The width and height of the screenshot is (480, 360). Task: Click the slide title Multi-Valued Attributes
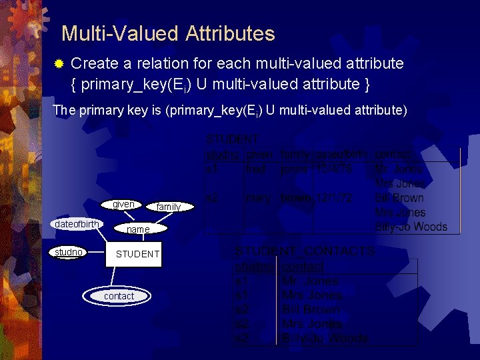[x=167, y=33]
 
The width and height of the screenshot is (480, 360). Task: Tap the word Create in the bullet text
[x=93, y=64]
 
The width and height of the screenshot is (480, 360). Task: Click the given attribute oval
[x=123, y=205]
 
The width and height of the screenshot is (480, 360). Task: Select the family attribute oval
[x=169, y=207]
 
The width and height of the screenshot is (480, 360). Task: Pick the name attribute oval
[x=138, y=229]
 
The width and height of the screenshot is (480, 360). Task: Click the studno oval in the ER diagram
[x=69, y=252]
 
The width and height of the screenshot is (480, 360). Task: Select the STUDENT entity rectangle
[x=137, y=254]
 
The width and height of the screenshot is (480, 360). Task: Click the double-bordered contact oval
[x=119, y=296]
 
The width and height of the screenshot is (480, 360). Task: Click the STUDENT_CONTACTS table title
[x=305, y=251]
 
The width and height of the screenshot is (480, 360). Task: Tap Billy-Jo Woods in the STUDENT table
[x=411, y=227]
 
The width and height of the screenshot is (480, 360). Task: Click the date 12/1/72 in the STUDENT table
[x=333, y=198]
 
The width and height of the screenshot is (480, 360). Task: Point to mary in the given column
[x=258, y=198]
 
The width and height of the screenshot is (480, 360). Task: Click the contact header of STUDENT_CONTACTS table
[x=303, y=267]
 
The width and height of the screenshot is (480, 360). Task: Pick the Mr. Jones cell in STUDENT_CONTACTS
[x=311, y=281]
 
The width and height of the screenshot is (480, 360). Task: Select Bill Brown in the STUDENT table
[x=399, y=198]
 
